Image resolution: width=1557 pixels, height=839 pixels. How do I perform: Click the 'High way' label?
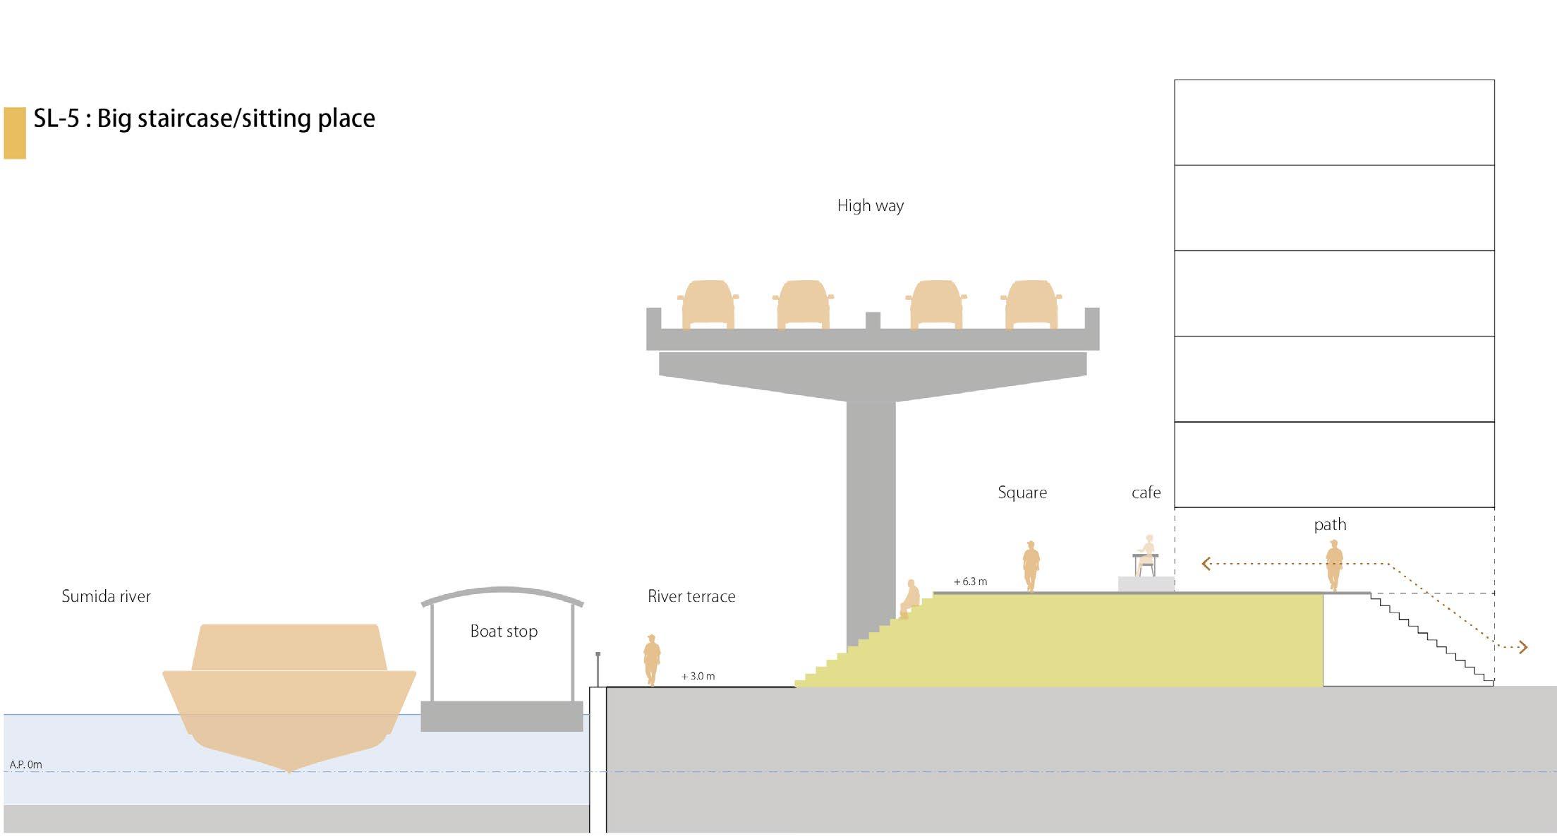click(x=870, y=206)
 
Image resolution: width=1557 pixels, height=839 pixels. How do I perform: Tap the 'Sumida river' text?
click(x=106, y=597)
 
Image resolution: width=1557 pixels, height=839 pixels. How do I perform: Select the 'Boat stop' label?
click(x=504, y=632)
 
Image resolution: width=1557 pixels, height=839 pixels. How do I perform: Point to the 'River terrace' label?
click(x=691, y=597)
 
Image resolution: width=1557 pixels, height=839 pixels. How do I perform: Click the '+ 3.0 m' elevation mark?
click(x=698, y=677)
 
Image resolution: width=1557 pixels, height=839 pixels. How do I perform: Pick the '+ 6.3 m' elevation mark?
click(x=970, y=582)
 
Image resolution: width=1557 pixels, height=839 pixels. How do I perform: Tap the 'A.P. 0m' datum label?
click(x=26, y=765)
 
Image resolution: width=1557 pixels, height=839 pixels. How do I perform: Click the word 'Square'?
click(x=1022, y=493)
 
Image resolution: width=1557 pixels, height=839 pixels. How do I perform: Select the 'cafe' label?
click(x=1146, y=493)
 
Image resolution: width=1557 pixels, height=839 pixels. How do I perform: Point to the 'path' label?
click(x=1330, y=525)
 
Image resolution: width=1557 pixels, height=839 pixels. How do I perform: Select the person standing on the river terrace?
click(x=652, y=660)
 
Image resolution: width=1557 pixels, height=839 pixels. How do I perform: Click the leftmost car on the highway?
click(x=708, y=305)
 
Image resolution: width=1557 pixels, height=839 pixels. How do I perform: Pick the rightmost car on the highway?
click(x=1031, y=305)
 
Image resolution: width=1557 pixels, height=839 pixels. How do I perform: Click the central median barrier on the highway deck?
click(x=873, y=320)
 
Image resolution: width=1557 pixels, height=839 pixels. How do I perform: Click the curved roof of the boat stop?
click(x=502, y=592)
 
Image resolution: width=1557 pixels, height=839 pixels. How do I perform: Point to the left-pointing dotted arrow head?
click(x=1206, y=564)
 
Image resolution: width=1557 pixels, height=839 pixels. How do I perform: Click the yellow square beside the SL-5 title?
click(x=15, y=133)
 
